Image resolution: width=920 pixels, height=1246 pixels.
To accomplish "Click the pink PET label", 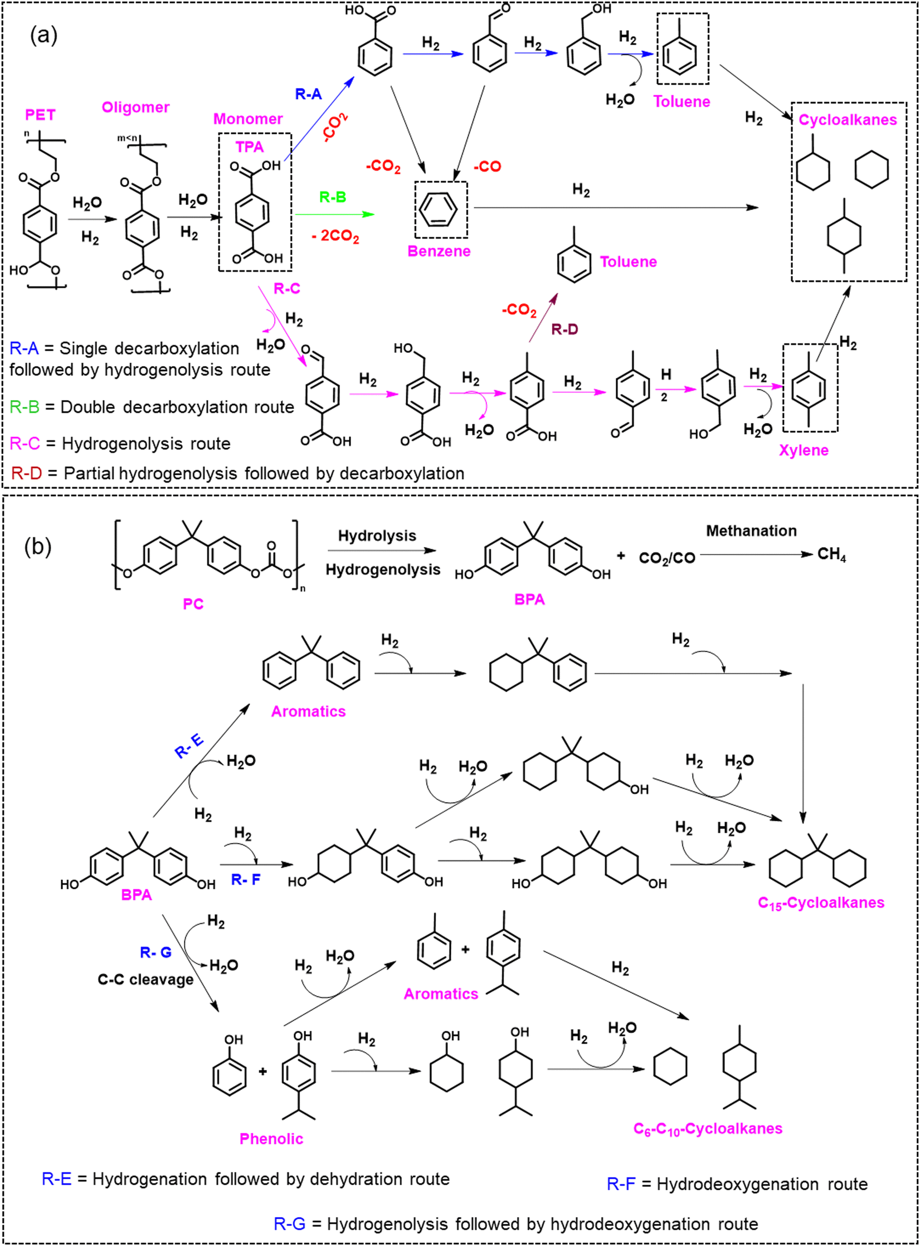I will [40, 115].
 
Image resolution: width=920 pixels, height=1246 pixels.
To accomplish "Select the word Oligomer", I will [135, 107].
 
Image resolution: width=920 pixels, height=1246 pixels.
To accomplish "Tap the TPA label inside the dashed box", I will [249, 147].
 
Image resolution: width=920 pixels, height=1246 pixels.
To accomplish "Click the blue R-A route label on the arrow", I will [308, 94].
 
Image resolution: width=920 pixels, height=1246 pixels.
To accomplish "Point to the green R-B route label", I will [333, 197].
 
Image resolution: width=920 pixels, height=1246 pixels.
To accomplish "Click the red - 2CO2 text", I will [335, 236].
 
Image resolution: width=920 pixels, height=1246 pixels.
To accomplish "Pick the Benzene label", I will [439, 251].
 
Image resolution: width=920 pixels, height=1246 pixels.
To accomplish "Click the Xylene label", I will [804, 450].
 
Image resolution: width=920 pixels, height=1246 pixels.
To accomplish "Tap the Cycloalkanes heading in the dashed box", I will [848, 120].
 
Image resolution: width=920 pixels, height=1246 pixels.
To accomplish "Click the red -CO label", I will [488, 167].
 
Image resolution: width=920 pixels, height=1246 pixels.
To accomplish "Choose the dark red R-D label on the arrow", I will [564, 329].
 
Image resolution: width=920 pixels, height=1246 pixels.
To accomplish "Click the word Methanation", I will [751, 530].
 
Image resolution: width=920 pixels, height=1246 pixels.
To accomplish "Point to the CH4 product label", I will [832, 554].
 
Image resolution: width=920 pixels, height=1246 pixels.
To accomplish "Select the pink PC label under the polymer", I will [193, 604].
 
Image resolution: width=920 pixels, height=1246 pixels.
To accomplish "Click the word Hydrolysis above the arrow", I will [377, 536].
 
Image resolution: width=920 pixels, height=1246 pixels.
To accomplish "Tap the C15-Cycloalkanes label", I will [821, 903].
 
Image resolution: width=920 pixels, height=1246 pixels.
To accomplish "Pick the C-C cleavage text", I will [145, 980].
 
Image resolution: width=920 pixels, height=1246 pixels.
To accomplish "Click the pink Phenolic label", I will [271, 1139].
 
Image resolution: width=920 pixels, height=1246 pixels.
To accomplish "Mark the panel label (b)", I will [38, 547].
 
